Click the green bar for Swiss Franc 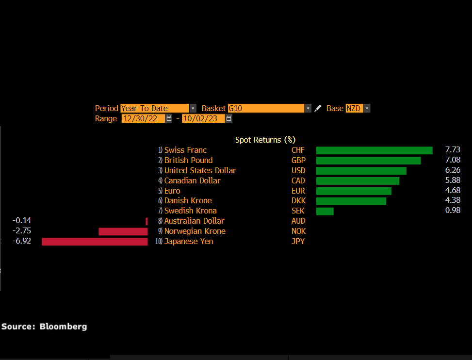pyautogui.click(x=374, y=150)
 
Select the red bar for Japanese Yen pyautogui.click(x=95, y=242)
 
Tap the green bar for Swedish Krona pyautogui.click(x=325, y=211)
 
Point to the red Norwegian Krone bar pyautogui.click(x=123, y=231)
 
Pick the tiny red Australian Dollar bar pyautogui.click(x=146, y=221)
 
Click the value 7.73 pyautogui.click(x=452, y=150)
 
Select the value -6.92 pyautogui.click(x=22, y=241)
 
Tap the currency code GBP pyautogui.click(x=298, y=161)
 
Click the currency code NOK pyautogui.click(x=298, y=231)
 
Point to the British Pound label pyautogui.click(x=188, y=161)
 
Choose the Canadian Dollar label pyautogui.click(x=192, y=180)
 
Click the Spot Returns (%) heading pyautogui.click(x=265, y=140)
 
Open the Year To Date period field pyautogui.click(x=155, y=108)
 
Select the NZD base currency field pyautogui.click(x=354, y=108)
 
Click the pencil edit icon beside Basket pyautogui.click(x=318, y=108)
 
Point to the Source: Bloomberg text pyautogui.click(x=44, y=327)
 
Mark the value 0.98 pyautogui.click(x=452, y=211)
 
